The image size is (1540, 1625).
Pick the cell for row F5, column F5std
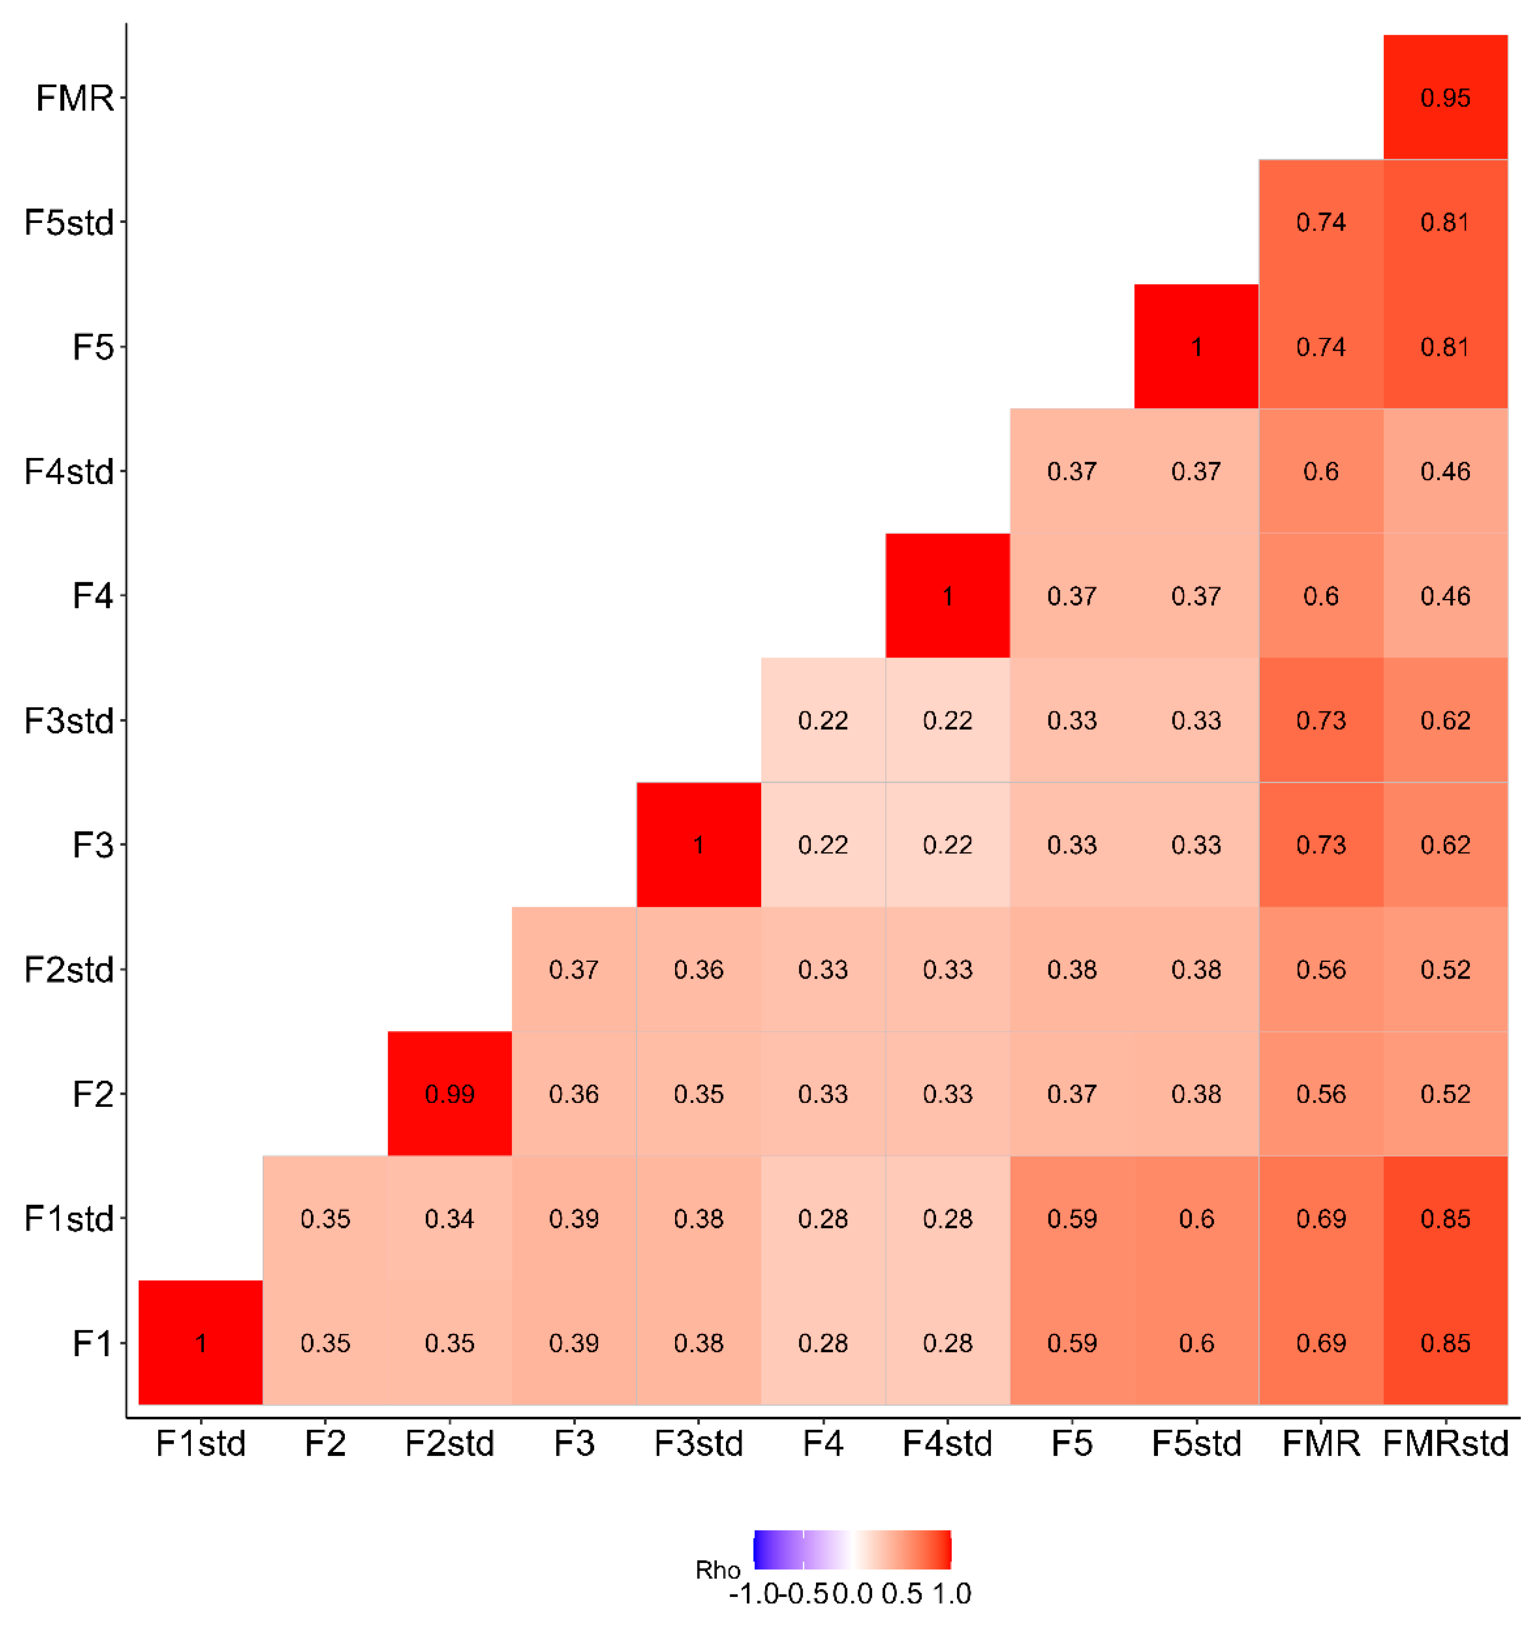1196,347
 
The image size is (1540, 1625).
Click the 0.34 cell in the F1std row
449,1218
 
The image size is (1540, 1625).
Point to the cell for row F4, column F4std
947,595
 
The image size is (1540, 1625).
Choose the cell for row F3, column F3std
698,844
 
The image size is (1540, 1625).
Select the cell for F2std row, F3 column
574,969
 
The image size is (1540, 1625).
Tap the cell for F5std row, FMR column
1320,222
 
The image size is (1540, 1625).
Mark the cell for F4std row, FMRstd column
1445,471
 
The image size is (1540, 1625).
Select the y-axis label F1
92,1344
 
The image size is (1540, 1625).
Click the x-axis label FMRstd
1445,1443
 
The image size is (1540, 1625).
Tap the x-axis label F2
325,1443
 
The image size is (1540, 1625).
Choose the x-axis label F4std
947,1443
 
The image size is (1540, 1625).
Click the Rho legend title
717,1570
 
